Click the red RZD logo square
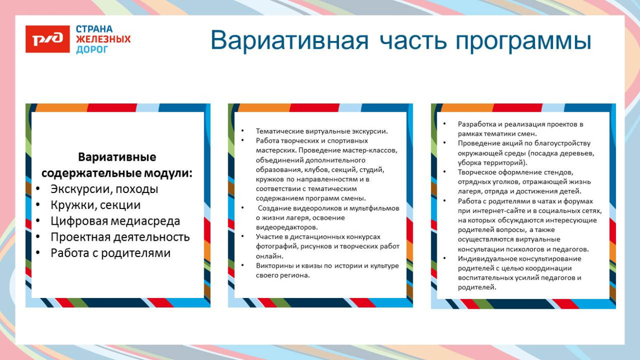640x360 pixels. [48, 39]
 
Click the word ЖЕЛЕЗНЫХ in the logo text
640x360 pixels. [103, 39]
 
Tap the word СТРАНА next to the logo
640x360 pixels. [94, 29]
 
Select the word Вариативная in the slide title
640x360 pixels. [289, 41]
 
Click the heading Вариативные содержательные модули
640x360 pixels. [117, 165]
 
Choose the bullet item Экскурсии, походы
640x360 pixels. [104, 189]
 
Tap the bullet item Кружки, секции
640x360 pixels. [95, 205]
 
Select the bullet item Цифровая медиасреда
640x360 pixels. [115, 221]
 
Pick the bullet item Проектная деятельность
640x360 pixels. [120, 237]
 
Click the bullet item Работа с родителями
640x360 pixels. [110, 253]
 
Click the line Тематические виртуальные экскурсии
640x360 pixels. [322, 131]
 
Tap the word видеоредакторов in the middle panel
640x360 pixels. [286, 227]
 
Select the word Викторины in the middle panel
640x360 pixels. [273, 265]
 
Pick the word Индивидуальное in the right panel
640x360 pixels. [483, 259]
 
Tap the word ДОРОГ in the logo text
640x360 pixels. [92, 50]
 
